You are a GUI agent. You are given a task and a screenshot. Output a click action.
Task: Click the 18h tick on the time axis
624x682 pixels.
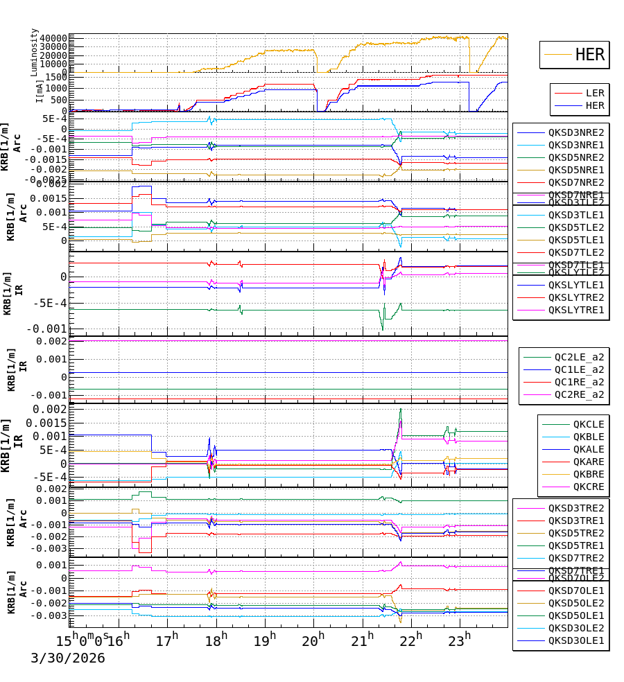pyautogui.click(x=216, y=639)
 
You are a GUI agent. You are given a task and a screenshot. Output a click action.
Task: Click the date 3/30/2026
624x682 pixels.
pyautogui.click(x=67, y=658)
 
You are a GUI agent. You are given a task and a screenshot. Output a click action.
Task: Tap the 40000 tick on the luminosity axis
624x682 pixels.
pyautogui.click(x=53, y=39)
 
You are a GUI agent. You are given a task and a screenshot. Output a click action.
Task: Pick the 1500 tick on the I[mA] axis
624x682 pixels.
pyautogui.click(x=57, y=78)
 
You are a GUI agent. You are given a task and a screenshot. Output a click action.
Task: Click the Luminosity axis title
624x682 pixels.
pyautogui.click(x=35, y=52)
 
